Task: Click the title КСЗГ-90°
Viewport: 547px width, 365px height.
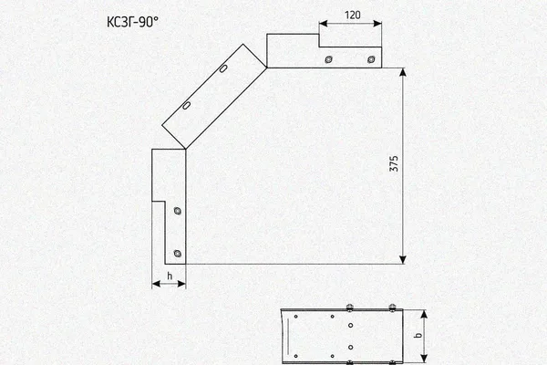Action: [132, 22]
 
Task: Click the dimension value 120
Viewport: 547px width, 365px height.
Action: [352, 16]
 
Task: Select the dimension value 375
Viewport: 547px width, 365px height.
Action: [394, 163]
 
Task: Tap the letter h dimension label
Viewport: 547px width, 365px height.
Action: [170, 276]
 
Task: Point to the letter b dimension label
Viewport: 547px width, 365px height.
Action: [418, 335]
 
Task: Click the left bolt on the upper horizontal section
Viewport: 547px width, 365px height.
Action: [328, 59]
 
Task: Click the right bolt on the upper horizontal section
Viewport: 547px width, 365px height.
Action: [371, 59]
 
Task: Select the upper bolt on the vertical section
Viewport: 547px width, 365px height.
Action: [178, 211]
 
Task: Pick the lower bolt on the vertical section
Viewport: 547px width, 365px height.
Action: [178, 254]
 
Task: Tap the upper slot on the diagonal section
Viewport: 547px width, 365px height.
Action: [223, 68]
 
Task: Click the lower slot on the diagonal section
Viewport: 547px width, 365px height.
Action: [187, 105]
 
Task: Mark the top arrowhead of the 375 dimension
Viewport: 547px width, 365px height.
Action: [403, 72]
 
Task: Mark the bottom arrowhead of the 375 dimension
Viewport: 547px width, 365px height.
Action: [403, 259]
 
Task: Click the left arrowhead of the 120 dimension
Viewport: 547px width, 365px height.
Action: [324, 24]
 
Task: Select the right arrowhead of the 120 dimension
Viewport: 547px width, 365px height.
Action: [377, 24]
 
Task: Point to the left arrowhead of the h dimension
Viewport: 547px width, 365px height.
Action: [156, 284]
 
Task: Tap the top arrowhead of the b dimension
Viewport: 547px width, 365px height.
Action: [424, 314]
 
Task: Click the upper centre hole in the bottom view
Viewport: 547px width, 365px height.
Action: [351, 325]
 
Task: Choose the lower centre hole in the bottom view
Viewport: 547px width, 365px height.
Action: [351, 347]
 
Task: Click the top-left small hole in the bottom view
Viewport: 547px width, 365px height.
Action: [295, 317]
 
